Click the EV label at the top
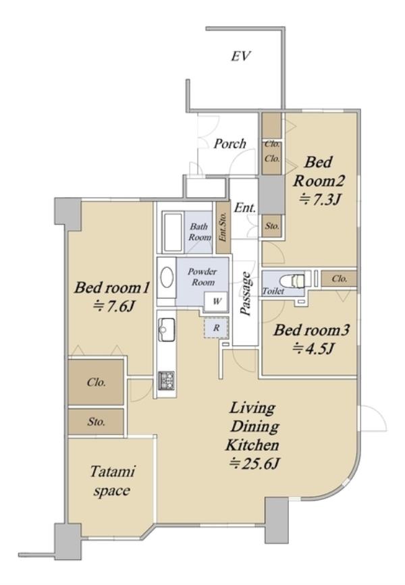coord(241,56)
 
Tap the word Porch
coord(230,144)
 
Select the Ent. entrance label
coord(245,207)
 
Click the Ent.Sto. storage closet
coord(223,227)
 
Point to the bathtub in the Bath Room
coord(173,231)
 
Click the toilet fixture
coord(295,281)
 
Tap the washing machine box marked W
coord(217,301)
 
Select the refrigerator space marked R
coord(216,329)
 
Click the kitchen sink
coord(167,329)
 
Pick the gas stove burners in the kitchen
coord(167,380)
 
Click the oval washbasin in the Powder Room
coord(167,277)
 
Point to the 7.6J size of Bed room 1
coord(114,307)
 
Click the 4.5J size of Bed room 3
coord(313,349)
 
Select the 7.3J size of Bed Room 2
coord(319,200)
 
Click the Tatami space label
coord(112,481)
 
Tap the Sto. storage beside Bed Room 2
coord(272,226)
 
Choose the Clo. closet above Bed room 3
coord(339,279)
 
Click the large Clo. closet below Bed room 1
coord(96,382)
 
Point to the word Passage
coord(246,295)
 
